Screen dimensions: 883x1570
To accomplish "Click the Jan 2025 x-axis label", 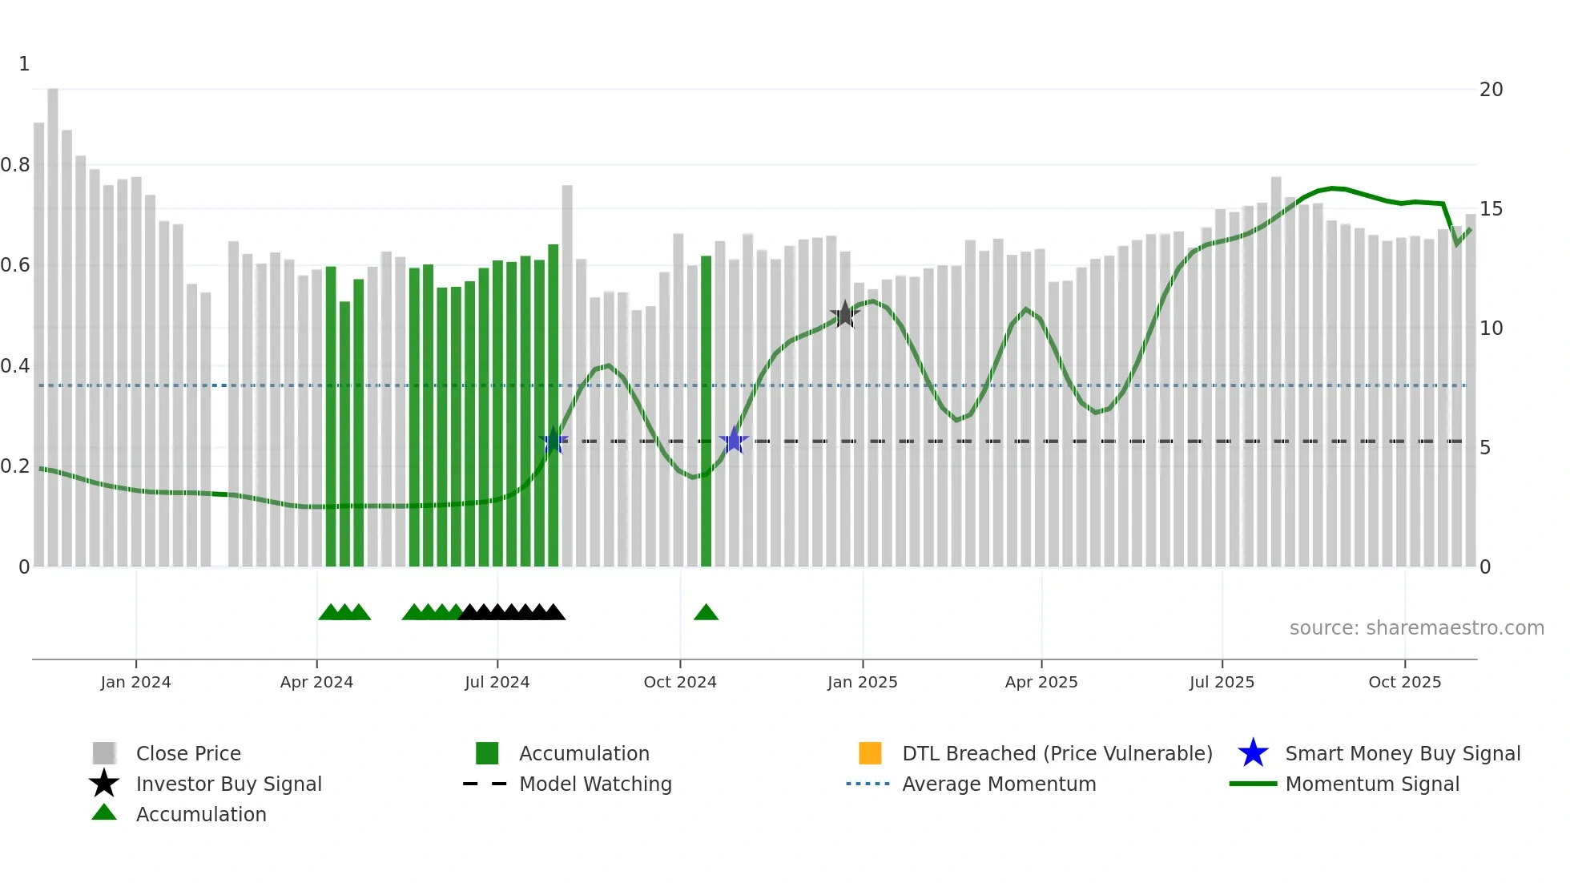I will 862,682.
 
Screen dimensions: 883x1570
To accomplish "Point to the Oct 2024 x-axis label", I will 679,682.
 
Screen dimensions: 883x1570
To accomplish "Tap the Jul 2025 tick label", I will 1222,682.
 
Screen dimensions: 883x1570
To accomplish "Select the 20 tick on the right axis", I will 1491,90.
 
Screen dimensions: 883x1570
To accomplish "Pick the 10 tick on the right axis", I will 1491,329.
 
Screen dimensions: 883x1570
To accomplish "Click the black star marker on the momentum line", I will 844,315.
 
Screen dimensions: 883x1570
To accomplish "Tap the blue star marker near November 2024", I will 733,441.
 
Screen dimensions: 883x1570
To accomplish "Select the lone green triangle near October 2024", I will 706,613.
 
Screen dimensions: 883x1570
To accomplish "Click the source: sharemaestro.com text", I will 1416,628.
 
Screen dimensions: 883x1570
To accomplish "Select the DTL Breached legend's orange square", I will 870,753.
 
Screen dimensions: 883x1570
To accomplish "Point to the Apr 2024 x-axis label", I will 316,682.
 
